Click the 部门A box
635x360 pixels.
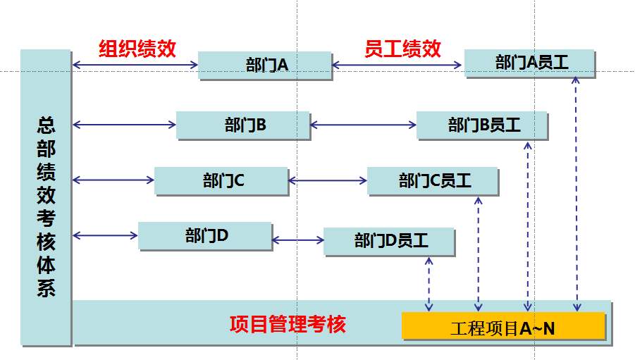[265, 66]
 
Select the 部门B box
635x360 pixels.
[243, 125]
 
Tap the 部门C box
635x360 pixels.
[221, 181]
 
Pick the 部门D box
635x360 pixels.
[205, 236]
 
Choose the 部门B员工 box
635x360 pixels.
[482, 125]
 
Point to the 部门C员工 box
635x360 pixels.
[433, 181]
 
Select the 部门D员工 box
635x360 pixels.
[389, 242]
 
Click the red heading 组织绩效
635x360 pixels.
[137, 49]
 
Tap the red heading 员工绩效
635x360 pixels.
[402, 49]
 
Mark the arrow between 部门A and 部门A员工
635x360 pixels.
[397, 66]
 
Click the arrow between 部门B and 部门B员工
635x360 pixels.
[363, 125]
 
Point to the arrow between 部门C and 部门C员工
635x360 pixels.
[328, 181]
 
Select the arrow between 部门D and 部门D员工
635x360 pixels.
[297, 241]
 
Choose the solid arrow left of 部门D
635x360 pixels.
[106, 235]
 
